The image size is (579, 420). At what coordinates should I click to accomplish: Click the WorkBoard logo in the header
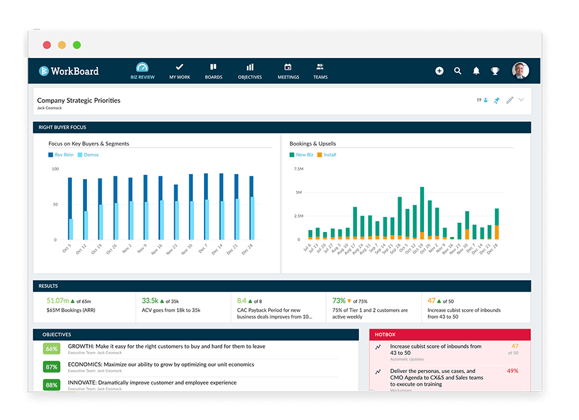(x=68, y=71)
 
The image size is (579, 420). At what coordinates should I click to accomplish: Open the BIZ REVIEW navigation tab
(x=142, y=71)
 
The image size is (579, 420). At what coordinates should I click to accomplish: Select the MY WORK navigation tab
(x=179, y=71)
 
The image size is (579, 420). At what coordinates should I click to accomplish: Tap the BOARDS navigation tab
(x=214, y=71)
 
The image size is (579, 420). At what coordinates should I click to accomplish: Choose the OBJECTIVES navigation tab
(x=250, y=71)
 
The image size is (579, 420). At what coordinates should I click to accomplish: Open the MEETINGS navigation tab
(x=288, y=71)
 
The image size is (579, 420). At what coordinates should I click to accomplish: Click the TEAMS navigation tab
(x=320, y=71)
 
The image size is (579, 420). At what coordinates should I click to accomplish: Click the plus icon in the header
(x=439, y=71)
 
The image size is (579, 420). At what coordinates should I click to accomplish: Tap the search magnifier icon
(x=458, y=71)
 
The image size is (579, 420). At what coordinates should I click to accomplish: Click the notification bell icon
(x=477, y=71)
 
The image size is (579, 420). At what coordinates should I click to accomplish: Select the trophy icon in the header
(x=495, y=71)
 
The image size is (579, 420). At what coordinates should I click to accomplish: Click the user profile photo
(x=520, y=71)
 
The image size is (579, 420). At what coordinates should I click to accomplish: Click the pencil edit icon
(x=510, y=100)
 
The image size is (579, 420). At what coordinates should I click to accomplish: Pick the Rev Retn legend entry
(x=62, y=155)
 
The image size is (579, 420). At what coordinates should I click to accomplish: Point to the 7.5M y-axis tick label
(x=298, y=169)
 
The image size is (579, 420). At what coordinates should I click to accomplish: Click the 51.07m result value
(x=57, y=301)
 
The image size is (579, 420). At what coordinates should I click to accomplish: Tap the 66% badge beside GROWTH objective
(x=51, y=349)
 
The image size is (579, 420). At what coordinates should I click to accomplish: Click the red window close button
(x=47, y=45)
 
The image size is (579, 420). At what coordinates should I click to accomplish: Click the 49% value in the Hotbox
(x=513, y=371)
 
